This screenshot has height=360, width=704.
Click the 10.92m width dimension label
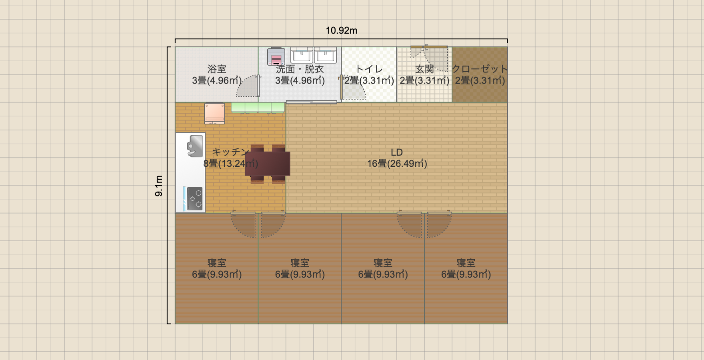[x=341, y=30]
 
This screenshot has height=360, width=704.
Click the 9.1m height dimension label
[x=159, y=186]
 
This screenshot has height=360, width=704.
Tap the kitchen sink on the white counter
[x=195, y=146]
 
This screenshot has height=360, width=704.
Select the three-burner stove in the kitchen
[x=194, y=198]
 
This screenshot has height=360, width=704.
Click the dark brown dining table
[x=268, y=164]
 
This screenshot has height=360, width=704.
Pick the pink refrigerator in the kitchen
[x=214, y=113]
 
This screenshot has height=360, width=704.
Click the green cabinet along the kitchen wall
[x=258, y=108]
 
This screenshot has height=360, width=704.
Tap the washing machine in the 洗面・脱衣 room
[x=276, y=56]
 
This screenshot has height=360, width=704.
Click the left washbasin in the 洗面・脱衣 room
[x=302, y=55]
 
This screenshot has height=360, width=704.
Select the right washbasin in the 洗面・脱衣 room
[x=325, y=55]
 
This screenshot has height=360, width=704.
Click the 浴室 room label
[x=217, y=69]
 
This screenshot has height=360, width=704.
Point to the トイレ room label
[x=369, y=69]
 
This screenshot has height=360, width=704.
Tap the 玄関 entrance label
[x=424, y=69]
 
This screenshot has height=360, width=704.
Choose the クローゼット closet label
[x=480, y=69]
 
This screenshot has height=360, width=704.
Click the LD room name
[x=397, y=152]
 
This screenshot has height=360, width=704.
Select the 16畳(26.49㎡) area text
[x=397, y=164]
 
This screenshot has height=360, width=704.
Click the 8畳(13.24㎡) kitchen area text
[x=230, y=164]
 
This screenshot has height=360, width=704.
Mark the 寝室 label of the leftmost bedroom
[x=217, y=263]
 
